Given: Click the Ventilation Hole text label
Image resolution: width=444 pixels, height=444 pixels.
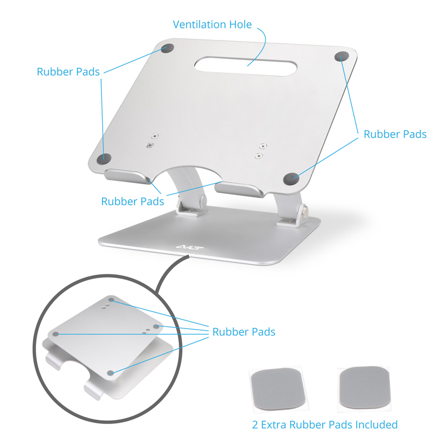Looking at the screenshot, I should pos(212,25).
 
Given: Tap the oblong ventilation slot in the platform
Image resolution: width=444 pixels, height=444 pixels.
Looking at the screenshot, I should pos(245,65).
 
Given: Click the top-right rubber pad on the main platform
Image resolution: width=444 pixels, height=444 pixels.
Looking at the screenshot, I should pos(342,56).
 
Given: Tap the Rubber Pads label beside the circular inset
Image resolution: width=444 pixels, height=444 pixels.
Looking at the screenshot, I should pos(244,332).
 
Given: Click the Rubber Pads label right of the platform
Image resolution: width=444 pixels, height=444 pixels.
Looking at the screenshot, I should pos(395,134).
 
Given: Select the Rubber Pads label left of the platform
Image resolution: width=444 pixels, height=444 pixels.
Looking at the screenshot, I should pos(68,72).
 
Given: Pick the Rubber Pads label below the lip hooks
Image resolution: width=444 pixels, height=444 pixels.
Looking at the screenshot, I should pos(133,201).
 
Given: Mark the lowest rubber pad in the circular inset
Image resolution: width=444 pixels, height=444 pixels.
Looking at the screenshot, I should pos(111,373).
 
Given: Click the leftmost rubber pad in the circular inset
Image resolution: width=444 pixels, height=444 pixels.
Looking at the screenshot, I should pos(56,334).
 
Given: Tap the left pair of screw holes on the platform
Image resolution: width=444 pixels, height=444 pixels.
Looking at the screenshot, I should pos(152,139).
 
